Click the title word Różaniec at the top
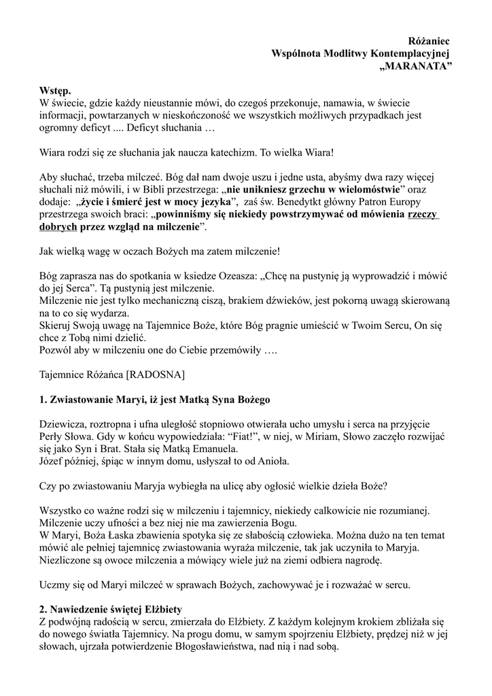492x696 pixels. (433, 42)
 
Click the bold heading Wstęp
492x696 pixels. (54, 91)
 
